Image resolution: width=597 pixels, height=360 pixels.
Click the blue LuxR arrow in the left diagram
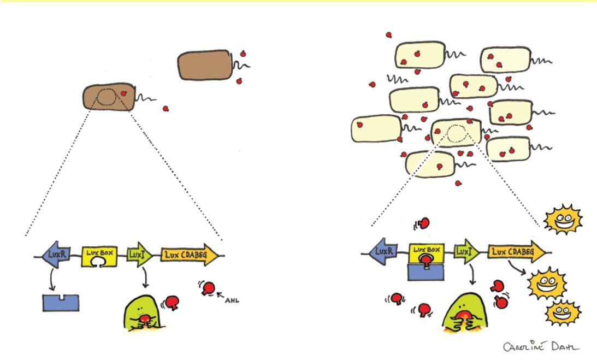point(55,255)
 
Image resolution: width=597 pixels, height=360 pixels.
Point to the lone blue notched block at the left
point(60,303)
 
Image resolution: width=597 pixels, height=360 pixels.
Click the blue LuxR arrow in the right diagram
point(387,252)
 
